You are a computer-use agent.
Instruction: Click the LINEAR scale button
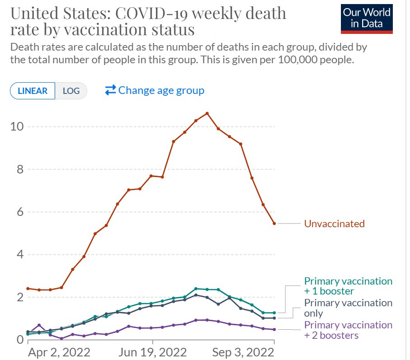pos(33,91)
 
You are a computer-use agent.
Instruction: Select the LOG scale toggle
pos(71,91)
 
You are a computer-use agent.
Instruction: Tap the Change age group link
pos(154,90)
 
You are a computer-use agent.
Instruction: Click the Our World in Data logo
pos(367,19)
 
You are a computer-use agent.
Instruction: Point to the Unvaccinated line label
pos(335,224)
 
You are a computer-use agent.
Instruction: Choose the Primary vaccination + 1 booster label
pos(348,286)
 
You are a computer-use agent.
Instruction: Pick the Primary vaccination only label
pos(348,308)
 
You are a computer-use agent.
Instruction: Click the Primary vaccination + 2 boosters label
pos(348,330)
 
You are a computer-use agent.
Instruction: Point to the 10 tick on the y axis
pos(17,126)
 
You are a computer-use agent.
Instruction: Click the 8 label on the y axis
pos(20,169)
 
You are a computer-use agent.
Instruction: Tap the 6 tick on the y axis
pos(20,212)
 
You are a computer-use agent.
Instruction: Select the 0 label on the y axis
pos(20,340)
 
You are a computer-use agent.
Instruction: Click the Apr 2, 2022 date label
pos(59,352)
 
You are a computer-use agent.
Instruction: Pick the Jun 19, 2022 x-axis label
pos(153,352)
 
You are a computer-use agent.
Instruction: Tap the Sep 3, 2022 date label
pos(243,352)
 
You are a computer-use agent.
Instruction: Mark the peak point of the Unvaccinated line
pos(207,113)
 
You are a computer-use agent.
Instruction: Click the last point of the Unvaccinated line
pos(274,224)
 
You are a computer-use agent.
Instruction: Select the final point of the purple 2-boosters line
pos(274,330)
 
